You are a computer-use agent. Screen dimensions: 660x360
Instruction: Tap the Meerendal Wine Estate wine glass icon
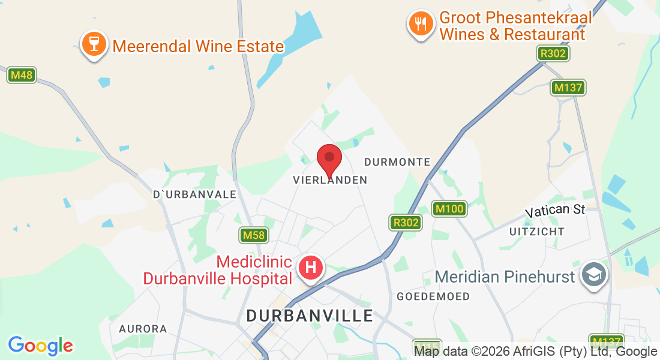tap(94, 45)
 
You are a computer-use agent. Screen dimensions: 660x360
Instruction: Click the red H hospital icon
tap(311, 268)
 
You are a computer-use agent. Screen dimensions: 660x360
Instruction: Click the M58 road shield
tap(254, 235)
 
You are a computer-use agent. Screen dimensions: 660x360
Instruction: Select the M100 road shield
tap(449, 209)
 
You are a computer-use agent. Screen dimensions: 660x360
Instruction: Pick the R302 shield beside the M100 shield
tap(406, 223)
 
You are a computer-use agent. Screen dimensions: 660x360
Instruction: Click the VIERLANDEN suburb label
tap(330, 180)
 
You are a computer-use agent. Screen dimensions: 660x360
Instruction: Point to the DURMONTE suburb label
tap(397, 162)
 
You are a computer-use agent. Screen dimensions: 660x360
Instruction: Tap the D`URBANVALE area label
tap(195, 194)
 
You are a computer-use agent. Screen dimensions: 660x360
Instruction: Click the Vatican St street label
tap(555, 211)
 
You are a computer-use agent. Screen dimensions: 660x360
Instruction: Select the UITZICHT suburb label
tap(537, 232)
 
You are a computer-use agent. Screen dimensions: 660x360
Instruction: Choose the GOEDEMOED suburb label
tap(433, 296)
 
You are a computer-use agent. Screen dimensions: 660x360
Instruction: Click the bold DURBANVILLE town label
tap(310, 316)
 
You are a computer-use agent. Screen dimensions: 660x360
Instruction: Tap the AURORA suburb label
tap(143, 329)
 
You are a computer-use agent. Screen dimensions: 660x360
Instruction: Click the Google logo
tap(40, 346)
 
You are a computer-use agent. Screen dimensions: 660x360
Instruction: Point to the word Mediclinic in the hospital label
tap(254, 262)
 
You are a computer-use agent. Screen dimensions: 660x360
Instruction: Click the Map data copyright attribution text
tap(536, 352)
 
